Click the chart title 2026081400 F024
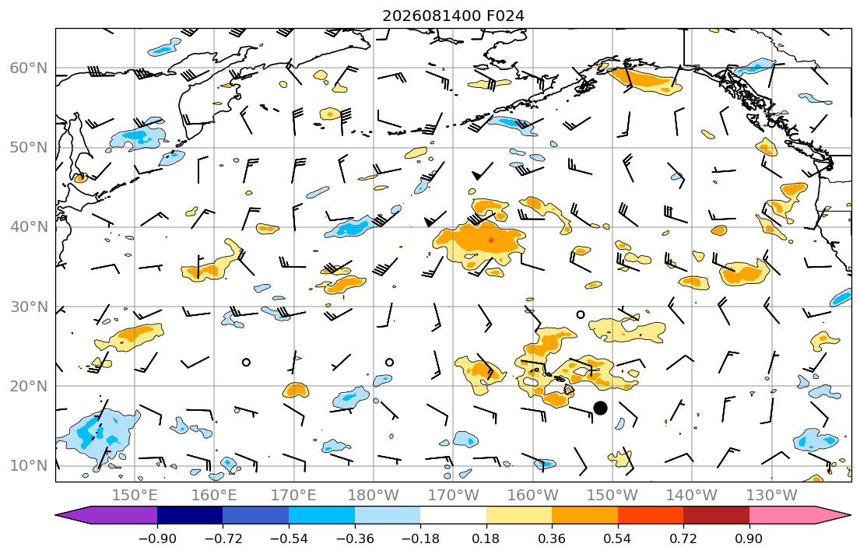(453, 16)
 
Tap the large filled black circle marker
(600, 408)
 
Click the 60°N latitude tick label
(29, 68)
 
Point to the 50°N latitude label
(29, 148)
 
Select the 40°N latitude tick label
(29, 227)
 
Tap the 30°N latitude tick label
(29, 307)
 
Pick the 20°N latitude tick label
(29, 386)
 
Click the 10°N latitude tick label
(29, 466)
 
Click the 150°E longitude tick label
(135, 496)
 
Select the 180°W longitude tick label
(374, 496)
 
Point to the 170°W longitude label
(453, 496)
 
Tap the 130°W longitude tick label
(772, 496)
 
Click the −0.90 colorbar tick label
(157, 538)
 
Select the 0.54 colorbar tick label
(618, 538)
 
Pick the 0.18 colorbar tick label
(486, 538)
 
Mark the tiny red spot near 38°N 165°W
(490, 240)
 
